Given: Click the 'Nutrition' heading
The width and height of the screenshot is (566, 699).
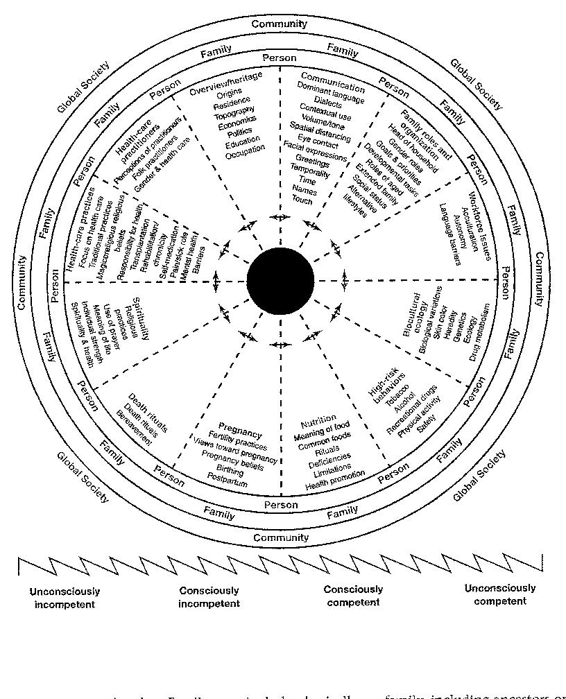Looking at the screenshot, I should tap(318, 422).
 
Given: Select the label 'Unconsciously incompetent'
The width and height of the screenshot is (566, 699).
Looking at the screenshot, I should tap(65, 598).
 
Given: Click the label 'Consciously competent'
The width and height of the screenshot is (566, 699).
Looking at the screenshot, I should tap(353, 596).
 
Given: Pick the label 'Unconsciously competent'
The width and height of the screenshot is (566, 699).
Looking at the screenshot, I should tap(500, 594).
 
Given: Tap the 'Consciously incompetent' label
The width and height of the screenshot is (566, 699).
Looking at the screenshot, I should tap(209, 597).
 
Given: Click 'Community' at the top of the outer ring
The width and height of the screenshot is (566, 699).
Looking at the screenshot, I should tap(280, 24).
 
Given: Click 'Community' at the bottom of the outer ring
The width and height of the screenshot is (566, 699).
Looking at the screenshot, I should tap(281, 537).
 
